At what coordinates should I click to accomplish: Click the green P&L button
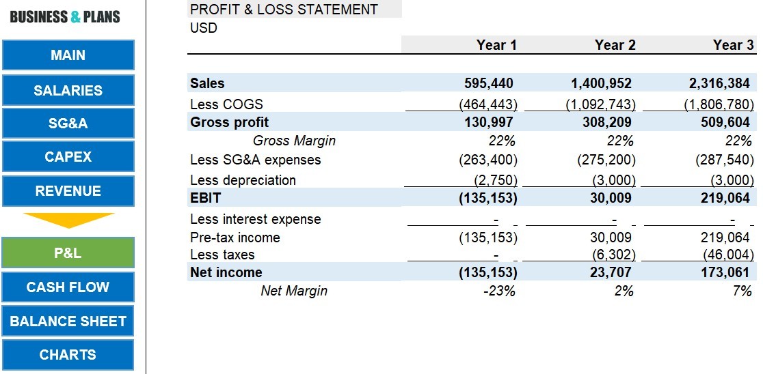[68, 253]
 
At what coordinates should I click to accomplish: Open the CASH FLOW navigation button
[68, 287]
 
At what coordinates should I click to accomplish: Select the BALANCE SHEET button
[68, 321]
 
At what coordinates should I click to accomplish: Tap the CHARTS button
[68, 355]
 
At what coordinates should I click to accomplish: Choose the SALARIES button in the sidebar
[68, 90]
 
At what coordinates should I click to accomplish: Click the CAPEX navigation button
[68, 157]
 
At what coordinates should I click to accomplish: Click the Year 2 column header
[615, 45]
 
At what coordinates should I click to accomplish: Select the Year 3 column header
[733, 45]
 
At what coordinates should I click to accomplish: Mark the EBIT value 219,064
[725, 198]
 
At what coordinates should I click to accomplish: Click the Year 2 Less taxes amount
[614, 255]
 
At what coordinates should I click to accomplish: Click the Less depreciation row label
[243, 180]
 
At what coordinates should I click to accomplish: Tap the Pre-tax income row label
[235, 238]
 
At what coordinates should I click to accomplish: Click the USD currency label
[204, 28]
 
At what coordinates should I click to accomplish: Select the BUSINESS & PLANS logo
[65, 17]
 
